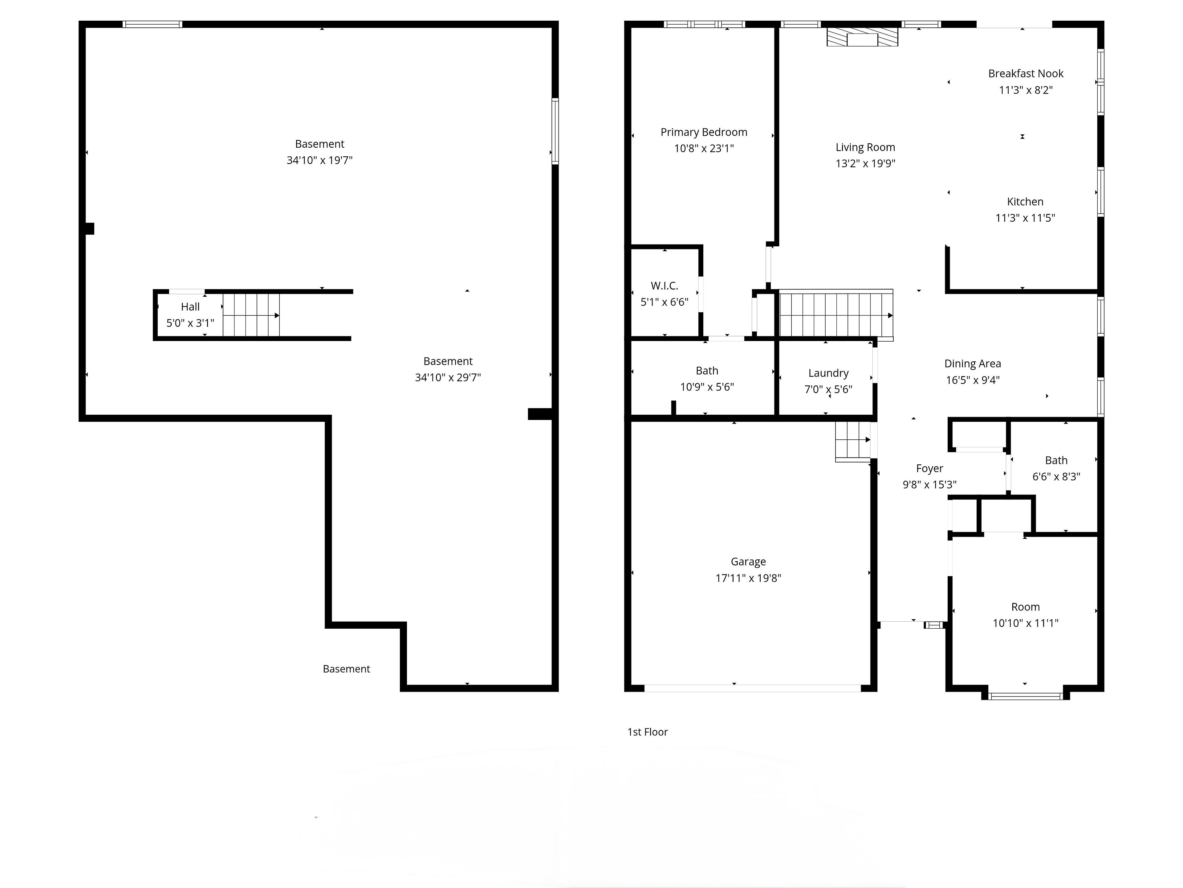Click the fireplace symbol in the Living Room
pos(862,37)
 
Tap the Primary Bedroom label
pos(704,132)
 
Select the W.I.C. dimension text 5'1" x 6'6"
pos(664,302)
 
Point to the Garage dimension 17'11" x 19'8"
pos(748,578)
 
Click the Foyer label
pos(929,468)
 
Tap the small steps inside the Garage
pos(853,441)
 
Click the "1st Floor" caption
pos(648,732)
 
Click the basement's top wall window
pos(152,24)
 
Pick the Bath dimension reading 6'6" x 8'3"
pos(1056,476)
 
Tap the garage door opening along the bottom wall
pos(753,688)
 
